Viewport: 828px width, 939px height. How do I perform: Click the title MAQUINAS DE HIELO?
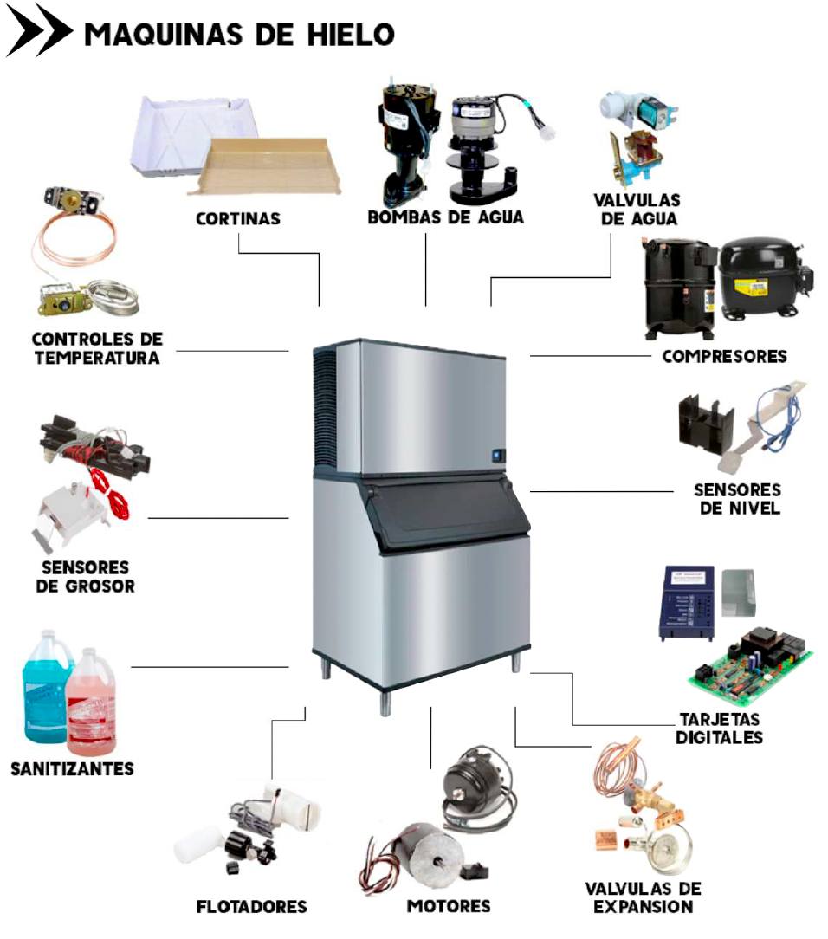click(x=240, y=34)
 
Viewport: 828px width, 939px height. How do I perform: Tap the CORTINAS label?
click(x=238, y=218)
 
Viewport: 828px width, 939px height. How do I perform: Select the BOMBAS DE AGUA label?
click(x=445, y=217)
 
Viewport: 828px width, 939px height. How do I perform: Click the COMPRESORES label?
click(x=724, y=356)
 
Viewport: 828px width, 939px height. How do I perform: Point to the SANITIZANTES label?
click(x=73, y=769)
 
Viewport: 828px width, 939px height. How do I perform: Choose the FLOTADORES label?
click(x=251, y=907)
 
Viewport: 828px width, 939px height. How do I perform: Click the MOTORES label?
click(x=449, y=906)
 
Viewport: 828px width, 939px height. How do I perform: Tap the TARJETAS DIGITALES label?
click(x=719, y=729)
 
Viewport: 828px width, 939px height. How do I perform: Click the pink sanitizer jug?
click(x=91, y=703)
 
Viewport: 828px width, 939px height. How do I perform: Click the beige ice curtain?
click(x=263, y=165)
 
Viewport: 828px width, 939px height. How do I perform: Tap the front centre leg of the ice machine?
click(x=385, y=702)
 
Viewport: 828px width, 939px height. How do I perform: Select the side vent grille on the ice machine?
click(x=325, y=408)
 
